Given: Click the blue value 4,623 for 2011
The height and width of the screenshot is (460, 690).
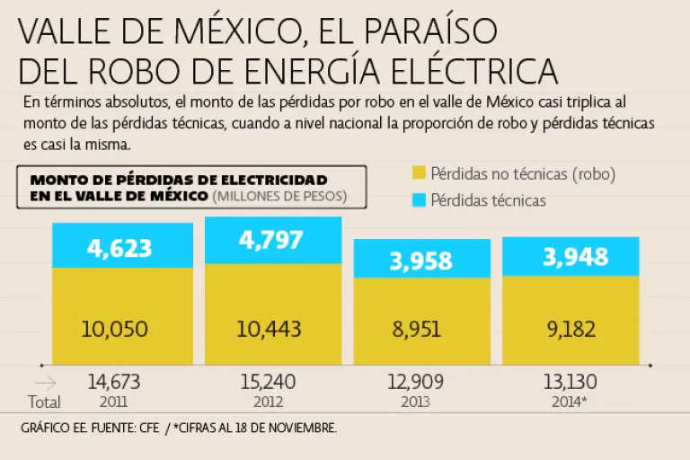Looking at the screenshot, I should [119, 248].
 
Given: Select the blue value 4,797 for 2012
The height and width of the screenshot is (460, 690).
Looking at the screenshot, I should [270, 241].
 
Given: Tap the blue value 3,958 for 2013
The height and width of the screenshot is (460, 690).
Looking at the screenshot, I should [422, 261].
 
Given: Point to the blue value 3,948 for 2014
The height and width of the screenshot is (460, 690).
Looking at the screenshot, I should [575, 259].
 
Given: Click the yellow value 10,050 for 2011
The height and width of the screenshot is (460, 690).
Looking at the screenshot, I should [113, 329].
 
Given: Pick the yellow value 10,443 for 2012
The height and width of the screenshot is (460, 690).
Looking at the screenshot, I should [269, 329].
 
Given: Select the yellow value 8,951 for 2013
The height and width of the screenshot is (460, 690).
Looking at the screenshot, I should [416, 329].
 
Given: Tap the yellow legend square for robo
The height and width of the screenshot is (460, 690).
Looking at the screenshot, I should [419, 173].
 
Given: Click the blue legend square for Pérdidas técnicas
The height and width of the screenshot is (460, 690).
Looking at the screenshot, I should [419, 199].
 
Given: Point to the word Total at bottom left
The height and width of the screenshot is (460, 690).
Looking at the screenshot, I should [44, 401].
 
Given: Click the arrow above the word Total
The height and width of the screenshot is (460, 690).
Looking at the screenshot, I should [44, 383].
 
